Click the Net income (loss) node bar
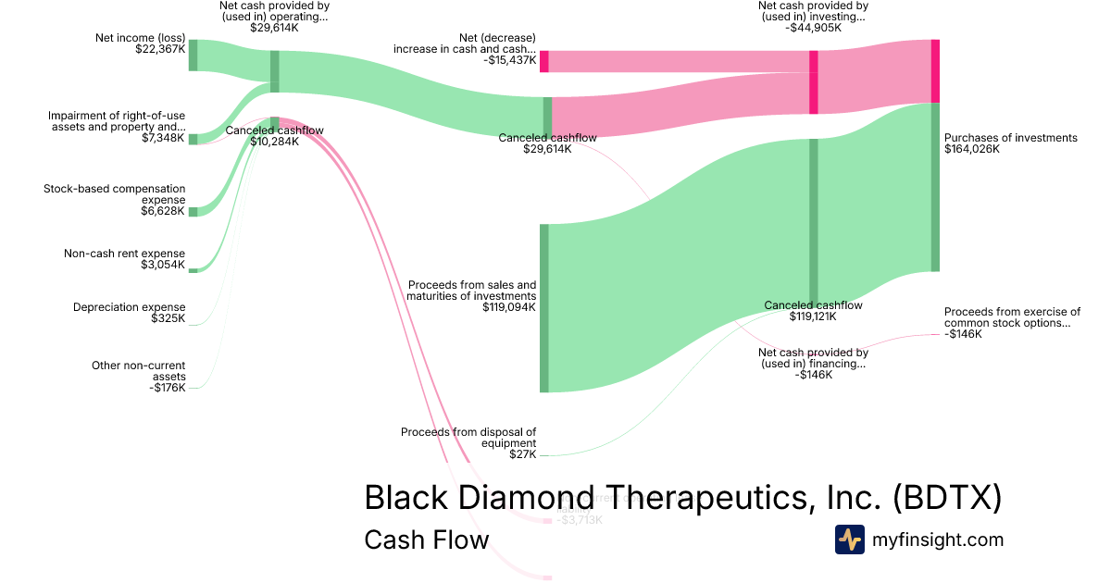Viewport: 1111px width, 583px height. point(193,56)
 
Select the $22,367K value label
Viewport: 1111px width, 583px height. point(160,49)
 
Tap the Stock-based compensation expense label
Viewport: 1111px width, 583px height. point(115,194)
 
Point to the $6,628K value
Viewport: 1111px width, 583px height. point(163,212)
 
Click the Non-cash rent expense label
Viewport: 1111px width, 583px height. point(124,254)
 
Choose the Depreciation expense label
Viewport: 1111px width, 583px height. point(130,307)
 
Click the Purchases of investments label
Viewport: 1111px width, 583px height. point(1011,138)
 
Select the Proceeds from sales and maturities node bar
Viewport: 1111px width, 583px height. point(544,308)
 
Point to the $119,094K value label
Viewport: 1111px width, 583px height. point(508,307)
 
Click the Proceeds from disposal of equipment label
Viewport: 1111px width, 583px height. point(468,437)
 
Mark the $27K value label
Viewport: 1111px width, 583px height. point(522,454)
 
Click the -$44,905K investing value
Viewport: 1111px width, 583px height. point(813,28)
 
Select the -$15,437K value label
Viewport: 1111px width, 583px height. point(508,60)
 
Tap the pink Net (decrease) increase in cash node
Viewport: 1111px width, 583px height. point(544,61)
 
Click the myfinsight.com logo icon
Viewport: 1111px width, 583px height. point(849,540)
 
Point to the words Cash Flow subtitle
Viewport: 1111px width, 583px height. point(426,540)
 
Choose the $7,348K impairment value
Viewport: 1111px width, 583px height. point(163,139)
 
